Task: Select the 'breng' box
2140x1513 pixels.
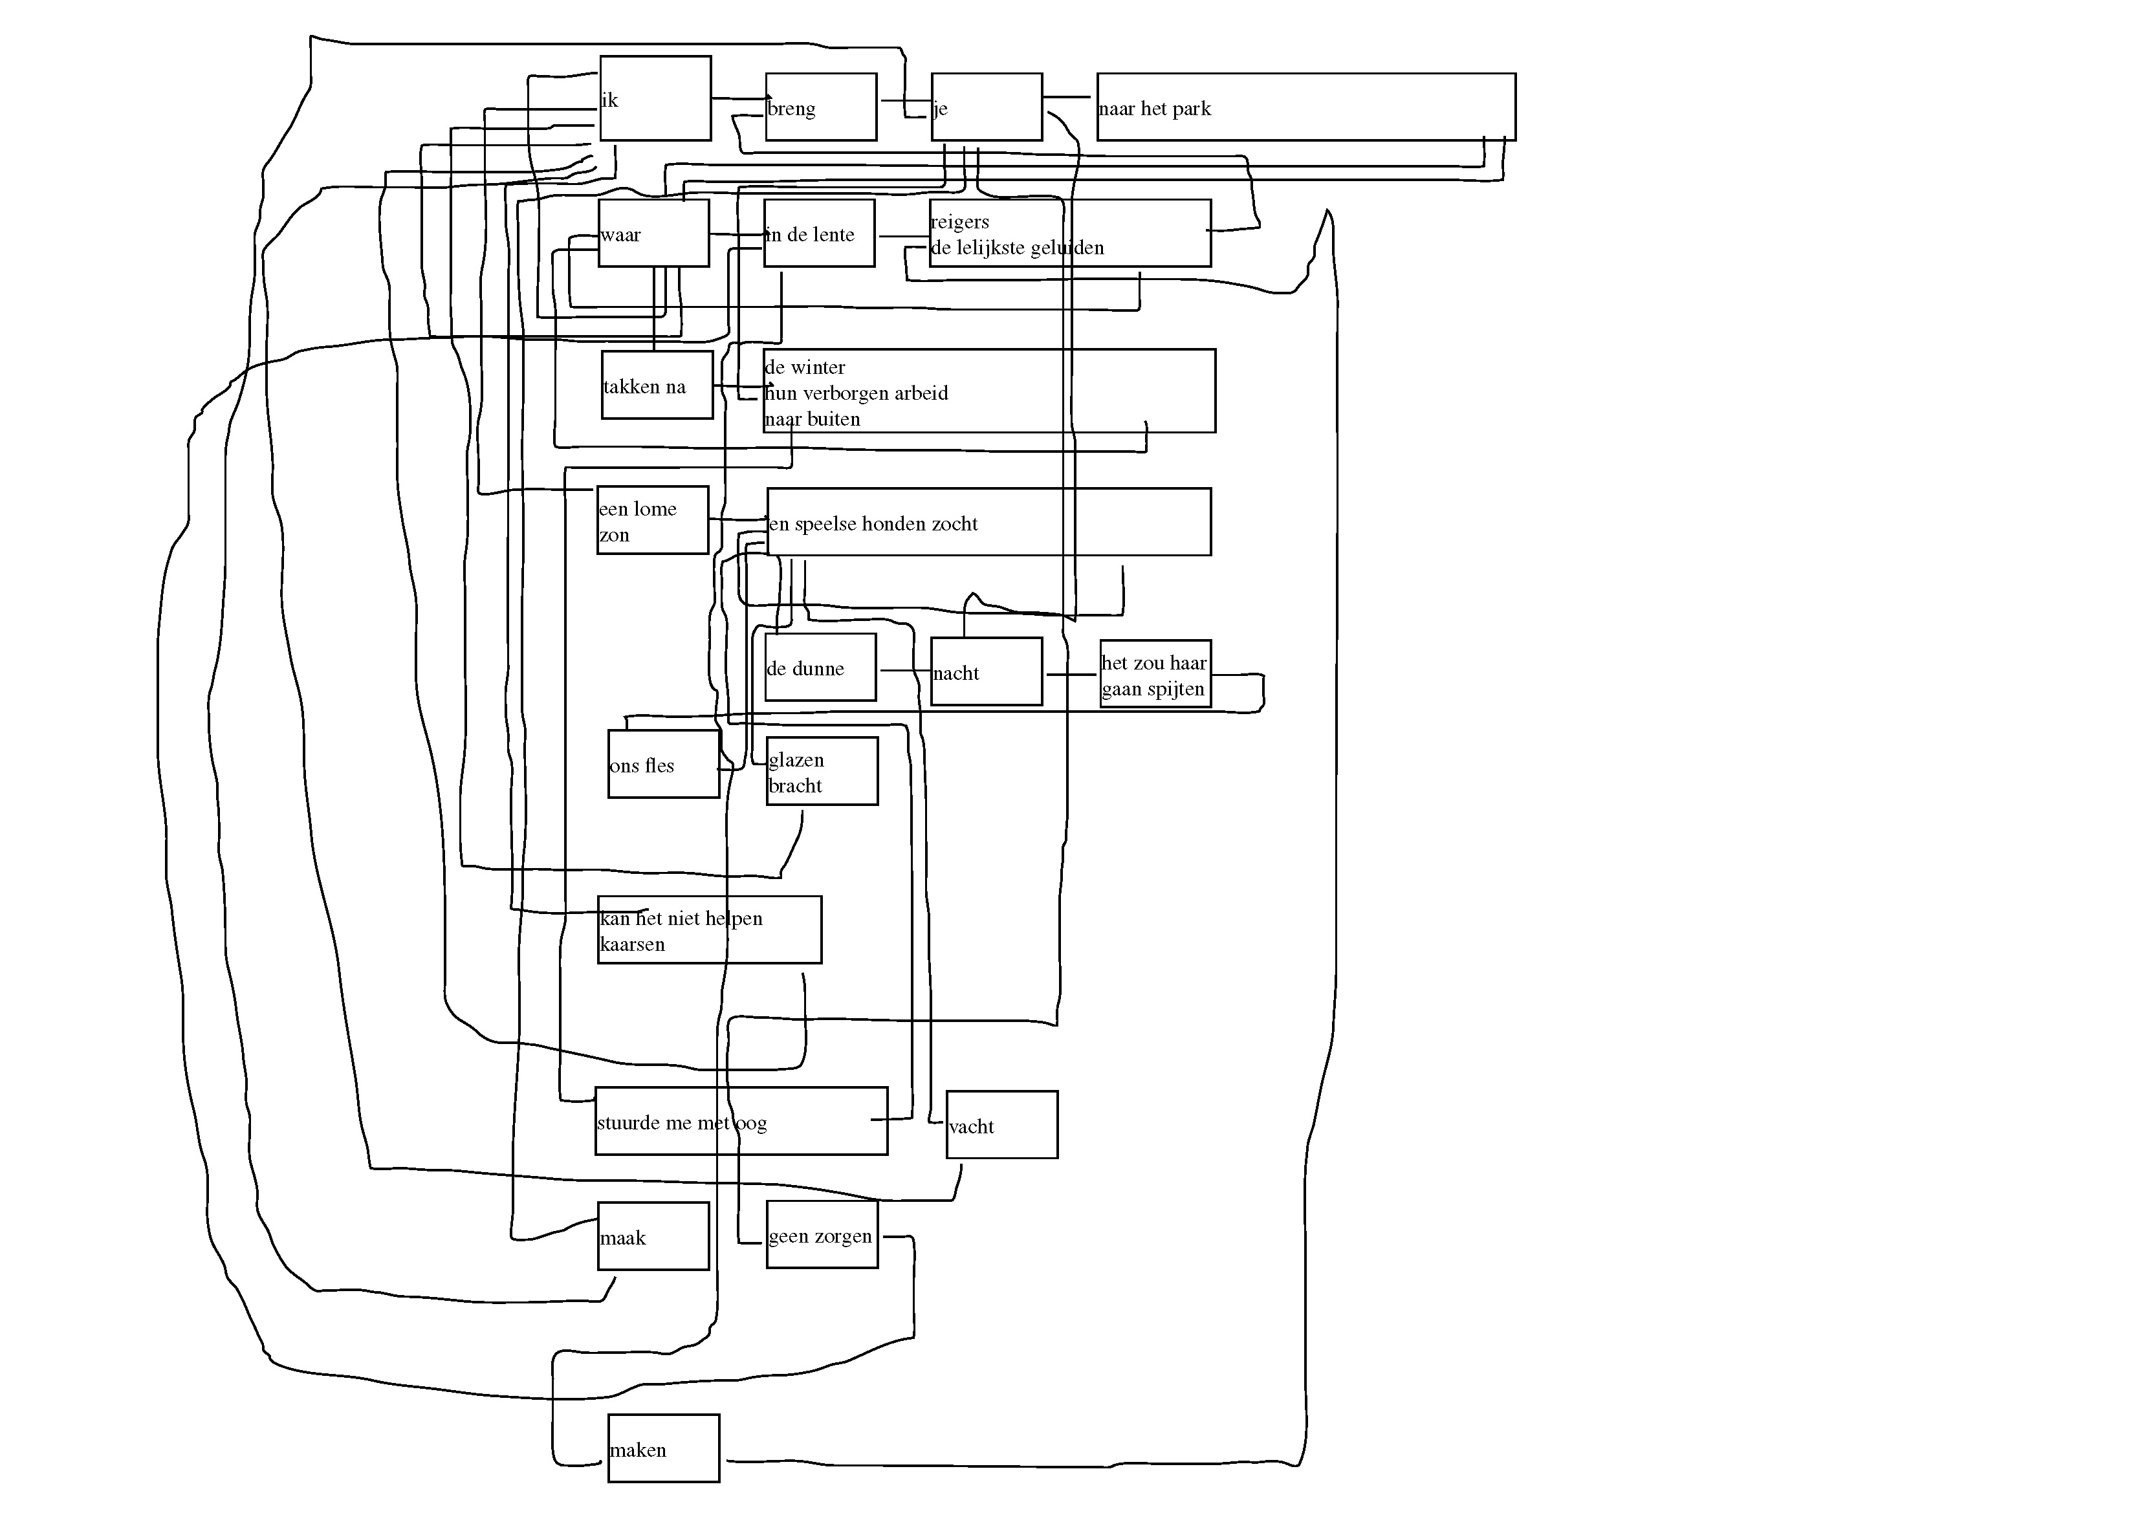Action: pyautogui.click(x=820, y=107)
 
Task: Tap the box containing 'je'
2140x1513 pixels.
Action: pyautogui.click(x=986, y=107)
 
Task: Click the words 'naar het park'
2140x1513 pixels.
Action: pyautogui.click(x=1154, y=109)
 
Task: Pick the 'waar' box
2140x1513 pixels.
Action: pyautogui.click(x=653, y=233)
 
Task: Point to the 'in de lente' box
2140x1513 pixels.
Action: pyautogui.click(x=818, y=233)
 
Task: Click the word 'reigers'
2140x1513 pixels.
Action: pyautogui.click(x=960, y=222)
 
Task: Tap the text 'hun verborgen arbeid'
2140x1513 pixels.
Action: pyautogui.click(x=857, y=393)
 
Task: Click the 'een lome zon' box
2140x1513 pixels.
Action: pyautogui.click(x=653, y=520)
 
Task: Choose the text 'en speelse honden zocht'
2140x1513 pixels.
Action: pyautogui.click(x=873, y=524)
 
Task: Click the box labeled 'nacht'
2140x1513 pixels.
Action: pyautogui.click(x=986, y=671)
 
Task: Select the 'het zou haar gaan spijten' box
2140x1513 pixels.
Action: pyautogui.click(x=1155, y=674)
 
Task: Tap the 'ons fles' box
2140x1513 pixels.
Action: pyautogui.click(x=662, y=765)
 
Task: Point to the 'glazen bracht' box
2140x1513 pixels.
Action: pyautogui.click(x=821, y=771)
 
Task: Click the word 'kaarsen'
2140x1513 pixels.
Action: pyautogui.click(x=633, y=944)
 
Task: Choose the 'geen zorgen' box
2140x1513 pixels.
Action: pyautogui.click(x=821, y=1235)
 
